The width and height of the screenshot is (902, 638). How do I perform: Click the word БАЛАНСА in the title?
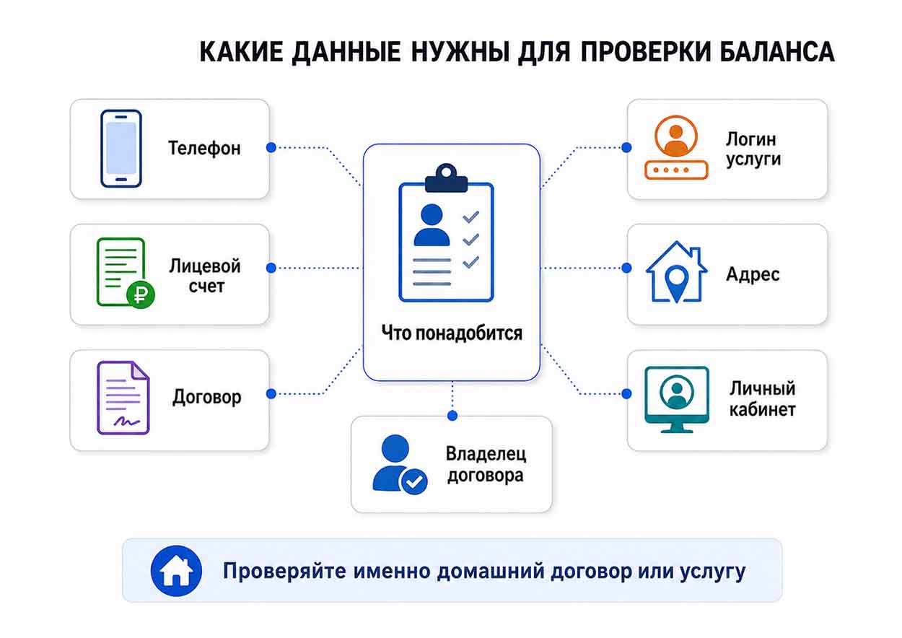pos(776,52)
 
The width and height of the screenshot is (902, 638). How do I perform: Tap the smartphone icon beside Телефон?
pos(121,149)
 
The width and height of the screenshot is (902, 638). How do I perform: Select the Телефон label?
pos(204,148)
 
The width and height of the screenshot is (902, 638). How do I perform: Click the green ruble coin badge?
pos(141,295)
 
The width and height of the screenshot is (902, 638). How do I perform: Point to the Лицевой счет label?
pos(205,276)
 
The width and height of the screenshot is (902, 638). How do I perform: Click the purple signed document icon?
pos(123,398)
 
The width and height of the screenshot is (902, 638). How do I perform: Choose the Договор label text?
pos(207,397)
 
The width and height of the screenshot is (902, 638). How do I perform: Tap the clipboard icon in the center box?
pos(446,233)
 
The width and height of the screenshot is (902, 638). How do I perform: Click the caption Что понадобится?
pos(452,333)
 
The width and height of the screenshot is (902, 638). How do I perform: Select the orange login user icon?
pos(676,147)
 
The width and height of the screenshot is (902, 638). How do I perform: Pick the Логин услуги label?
pos(753,149)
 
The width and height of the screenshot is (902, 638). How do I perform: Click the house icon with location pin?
pos(677,272)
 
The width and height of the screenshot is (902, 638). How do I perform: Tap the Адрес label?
pos(753,275)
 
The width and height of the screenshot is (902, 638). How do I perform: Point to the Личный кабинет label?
pos(762,399)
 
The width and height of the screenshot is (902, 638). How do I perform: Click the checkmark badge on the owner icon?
pos(413,481)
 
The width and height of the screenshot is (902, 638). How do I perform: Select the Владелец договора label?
pos(486,464)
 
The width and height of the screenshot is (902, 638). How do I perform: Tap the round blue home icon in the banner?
pos(176,571)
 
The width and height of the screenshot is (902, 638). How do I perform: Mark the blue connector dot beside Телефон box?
pos(271,147)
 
